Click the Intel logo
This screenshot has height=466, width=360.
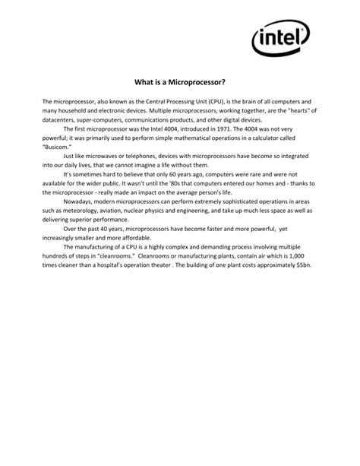pos(279,36)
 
